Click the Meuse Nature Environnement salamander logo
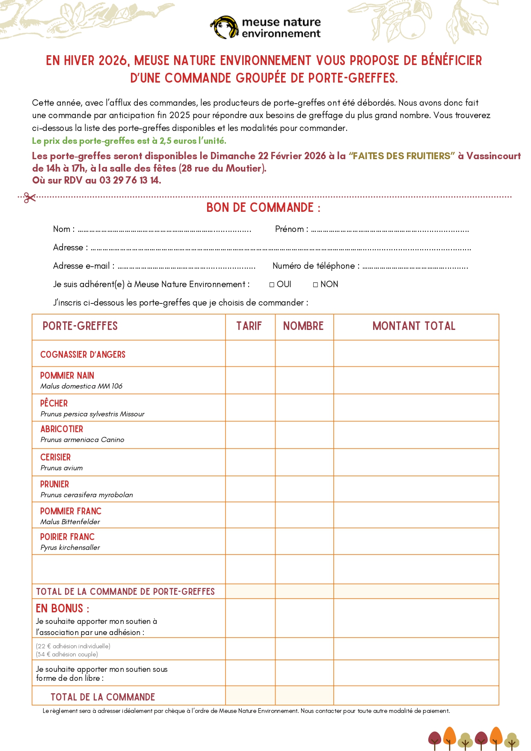224,27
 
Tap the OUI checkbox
272,285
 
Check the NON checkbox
315,285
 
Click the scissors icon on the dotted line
30,197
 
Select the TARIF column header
249,326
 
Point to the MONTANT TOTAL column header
414,326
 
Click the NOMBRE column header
303,326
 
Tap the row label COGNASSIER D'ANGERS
83,354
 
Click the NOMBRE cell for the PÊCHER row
304,407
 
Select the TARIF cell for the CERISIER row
250,462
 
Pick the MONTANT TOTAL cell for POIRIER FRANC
416,541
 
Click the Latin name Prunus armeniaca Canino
82,439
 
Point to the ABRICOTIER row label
62,429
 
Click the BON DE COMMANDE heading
263,208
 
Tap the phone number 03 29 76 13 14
130,180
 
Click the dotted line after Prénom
390,230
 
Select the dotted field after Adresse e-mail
186,267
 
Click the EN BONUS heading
62,608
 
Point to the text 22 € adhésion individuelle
73,646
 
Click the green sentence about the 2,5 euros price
129,141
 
